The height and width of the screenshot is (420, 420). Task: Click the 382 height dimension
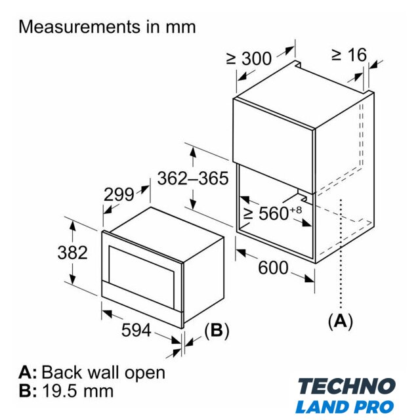(x=73, y=253)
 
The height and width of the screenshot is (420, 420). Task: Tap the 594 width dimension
(x=136, y=330)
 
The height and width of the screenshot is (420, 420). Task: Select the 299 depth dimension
(x=119, y=194)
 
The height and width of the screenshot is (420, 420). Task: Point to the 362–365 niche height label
(x=193, y=178)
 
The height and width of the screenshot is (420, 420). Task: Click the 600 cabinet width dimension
(x=273, y=268)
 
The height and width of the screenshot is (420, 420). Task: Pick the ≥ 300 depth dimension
(x=249, y=58)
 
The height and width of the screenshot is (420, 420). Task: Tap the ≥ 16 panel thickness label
(x=349, y=54)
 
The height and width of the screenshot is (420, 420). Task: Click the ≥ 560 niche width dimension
(x=272, y=213)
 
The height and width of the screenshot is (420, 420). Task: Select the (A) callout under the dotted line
(x=341, y=321)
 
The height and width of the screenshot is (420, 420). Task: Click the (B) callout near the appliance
(x=217, y=330)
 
